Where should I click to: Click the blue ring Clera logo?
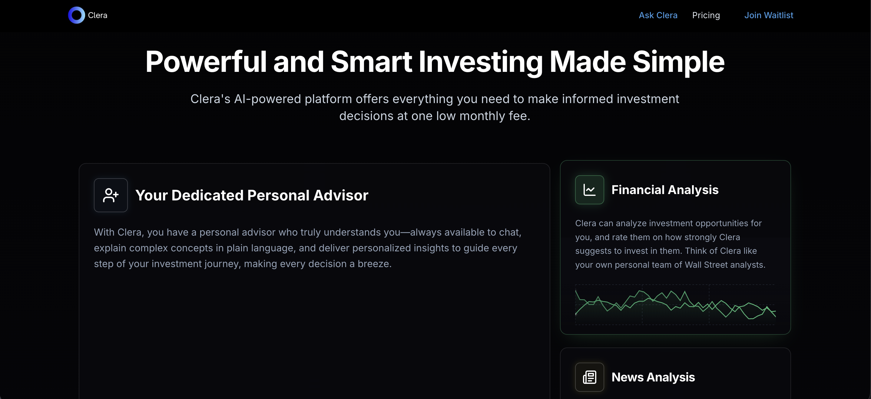76,15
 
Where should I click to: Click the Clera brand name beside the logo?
98,15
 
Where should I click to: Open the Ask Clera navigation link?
658,15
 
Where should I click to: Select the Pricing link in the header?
706,15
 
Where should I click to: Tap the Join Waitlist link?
768,15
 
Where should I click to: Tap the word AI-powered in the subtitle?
267,99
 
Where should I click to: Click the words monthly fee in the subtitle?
494,116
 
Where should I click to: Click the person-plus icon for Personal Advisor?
111,195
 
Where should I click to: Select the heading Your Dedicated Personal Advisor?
252,195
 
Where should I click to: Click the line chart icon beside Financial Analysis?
589,190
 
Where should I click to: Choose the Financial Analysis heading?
665,190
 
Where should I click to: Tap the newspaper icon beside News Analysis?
589,377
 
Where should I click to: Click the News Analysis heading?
653,377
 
